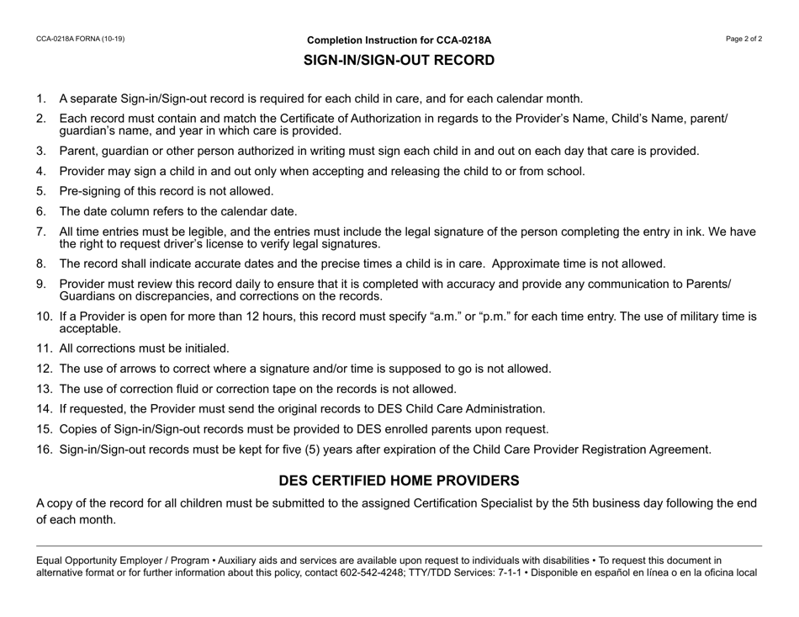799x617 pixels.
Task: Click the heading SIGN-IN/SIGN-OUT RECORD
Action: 399,61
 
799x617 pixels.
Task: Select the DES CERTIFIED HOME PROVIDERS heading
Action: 399,481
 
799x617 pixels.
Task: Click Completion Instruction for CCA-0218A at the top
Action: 399,40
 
